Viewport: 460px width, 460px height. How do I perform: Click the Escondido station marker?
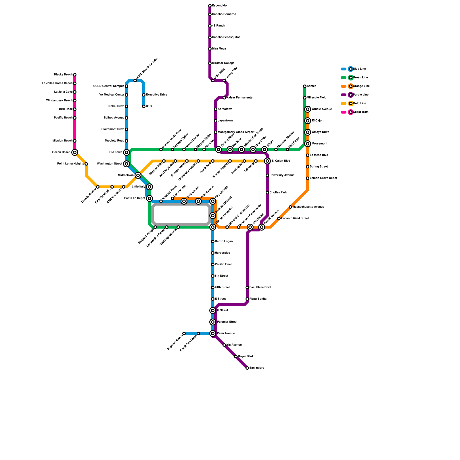[x=210, y=6]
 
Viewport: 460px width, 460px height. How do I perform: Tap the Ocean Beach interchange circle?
[x=75, y=152]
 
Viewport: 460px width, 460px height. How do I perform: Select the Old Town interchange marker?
[x=126, y=152]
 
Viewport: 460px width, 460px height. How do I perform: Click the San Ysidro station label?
[x=257, y=368]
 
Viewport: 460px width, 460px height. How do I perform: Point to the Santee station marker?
[x=305, y=86]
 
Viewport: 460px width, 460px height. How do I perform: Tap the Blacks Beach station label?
[x=63, y=75]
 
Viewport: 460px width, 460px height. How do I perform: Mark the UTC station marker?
[x=144, y=106]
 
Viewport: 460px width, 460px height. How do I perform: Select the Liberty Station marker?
[x=98, y=187]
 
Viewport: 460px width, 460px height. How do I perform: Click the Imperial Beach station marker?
[x=184, y=333]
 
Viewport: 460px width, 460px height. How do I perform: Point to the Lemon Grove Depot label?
[x=323, y=178]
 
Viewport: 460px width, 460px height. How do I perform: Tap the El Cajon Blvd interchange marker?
[x=267, y=161]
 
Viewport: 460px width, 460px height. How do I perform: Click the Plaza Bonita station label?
[x=258, y=299]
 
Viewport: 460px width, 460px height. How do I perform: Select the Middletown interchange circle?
[x=138, y=175]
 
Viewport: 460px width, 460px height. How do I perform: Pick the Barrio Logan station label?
[x=224, y=241]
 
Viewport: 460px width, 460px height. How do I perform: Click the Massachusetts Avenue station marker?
[x=290, y=207]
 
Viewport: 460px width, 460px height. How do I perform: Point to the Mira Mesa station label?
[x=219, y=49]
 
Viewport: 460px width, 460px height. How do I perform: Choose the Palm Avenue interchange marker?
[x=213, y=333]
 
